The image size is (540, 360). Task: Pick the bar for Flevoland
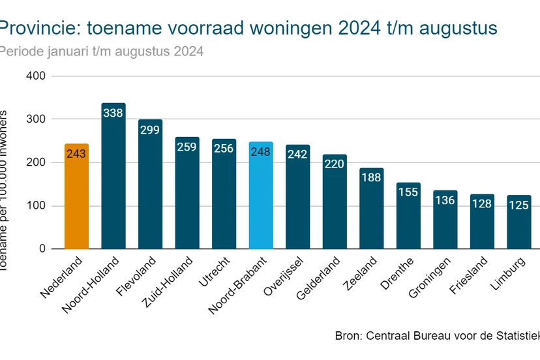click(150, 189)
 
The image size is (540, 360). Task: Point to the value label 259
click(187, 147)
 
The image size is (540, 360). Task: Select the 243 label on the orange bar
click(76, 155)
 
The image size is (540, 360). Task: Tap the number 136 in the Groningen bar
click(445, 200)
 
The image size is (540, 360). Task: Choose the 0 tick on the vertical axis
click(42, 249)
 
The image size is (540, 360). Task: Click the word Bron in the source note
click(347, 337)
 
